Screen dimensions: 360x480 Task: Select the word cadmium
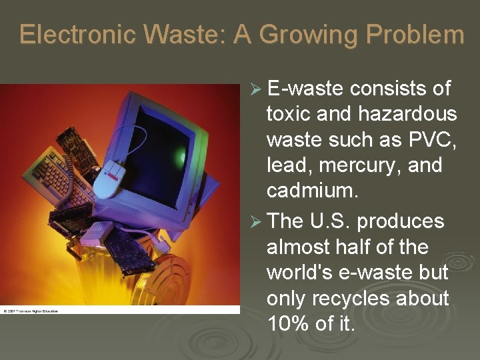click(312, 191)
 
